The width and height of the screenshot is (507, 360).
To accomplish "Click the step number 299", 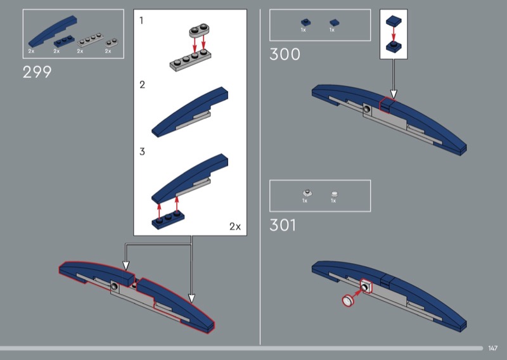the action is click(37, 72).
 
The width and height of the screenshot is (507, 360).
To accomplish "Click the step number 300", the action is click(285, 55).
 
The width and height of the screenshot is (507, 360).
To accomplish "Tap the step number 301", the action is click(283, 225).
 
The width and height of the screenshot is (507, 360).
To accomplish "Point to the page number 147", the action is click(492, 348).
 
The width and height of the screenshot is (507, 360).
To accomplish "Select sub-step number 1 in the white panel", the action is click(141, 21).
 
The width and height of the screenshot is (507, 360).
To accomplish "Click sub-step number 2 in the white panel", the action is click(142, 85).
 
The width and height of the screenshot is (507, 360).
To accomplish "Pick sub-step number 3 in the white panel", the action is click(142, 151).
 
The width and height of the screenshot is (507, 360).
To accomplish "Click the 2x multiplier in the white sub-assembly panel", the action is click(235, 226).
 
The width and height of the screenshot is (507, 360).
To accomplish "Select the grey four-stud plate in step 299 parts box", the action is click(91, 40).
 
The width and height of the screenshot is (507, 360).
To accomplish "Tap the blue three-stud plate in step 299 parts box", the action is click(64, 41).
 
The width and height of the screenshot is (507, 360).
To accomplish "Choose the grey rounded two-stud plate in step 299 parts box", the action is click(112, 42).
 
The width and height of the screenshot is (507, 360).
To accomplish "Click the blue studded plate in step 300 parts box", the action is click(306, 22).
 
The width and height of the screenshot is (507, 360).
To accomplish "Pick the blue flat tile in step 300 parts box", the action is click(335, 23).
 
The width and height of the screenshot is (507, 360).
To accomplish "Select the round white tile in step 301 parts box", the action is click(335, 194).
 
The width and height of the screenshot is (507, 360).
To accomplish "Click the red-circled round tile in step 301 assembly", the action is click(348, 300).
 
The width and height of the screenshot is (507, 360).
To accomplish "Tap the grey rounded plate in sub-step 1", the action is click(199, 30).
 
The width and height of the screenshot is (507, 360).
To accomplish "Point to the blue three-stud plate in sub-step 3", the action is click(168, 220).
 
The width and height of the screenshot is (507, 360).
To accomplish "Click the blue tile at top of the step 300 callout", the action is click(394, 21).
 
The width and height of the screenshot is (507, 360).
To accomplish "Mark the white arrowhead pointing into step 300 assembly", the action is click(394, 94).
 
